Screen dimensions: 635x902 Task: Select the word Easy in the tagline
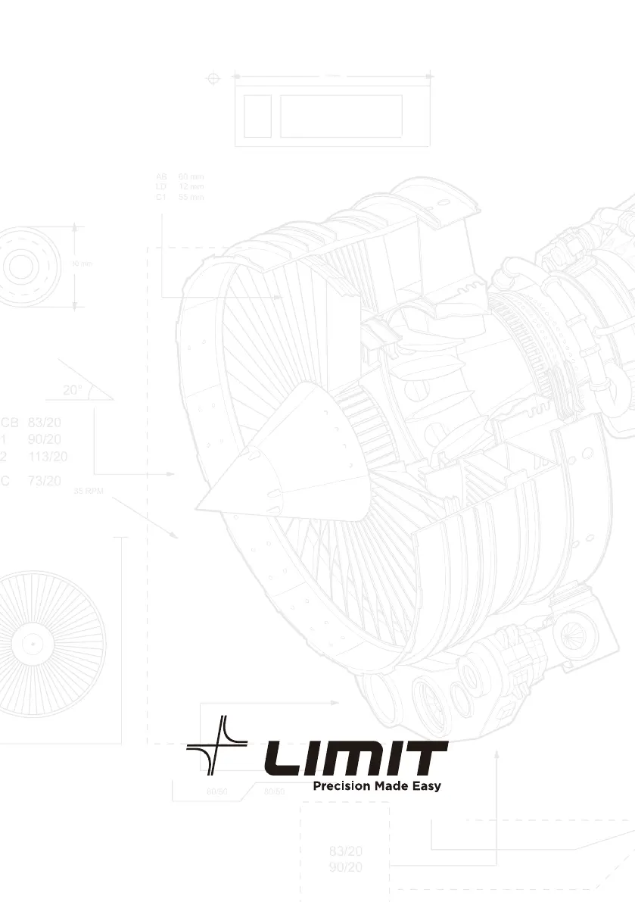(x=425, y=786)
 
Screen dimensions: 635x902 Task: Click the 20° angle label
(x=73, y=391)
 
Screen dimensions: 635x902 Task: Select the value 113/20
(x=47, y=456)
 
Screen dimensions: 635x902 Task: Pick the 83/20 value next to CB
(x=44, y=423)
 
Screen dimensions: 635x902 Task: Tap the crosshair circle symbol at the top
(x=213, y=77)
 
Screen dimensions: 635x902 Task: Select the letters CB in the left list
(x=10, y=423)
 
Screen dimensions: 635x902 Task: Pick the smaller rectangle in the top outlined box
(x=257, y=116)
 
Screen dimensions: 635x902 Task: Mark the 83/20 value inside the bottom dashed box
(x=345, y=851)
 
